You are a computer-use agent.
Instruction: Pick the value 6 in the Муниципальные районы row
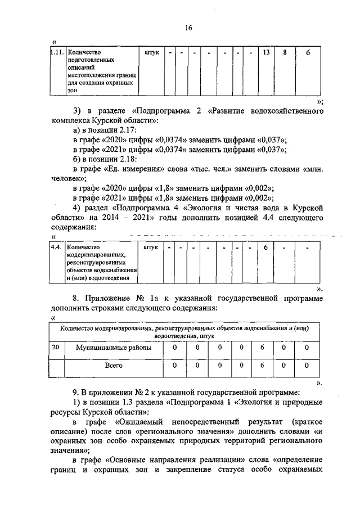click(263, 348)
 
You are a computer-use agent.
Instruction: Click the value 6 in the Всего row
click(263, 365)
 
